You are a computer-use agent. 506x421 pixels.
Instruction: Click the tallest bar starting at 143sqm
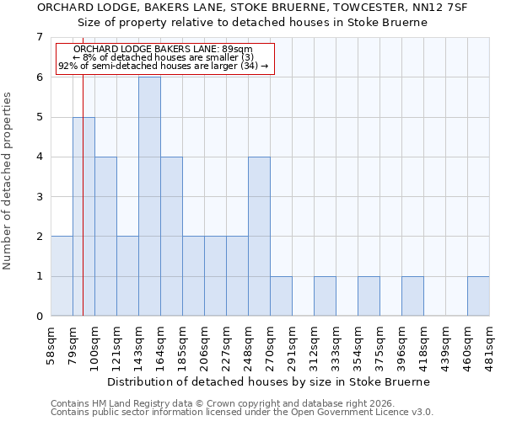pyautogui.click(x=149, y=196)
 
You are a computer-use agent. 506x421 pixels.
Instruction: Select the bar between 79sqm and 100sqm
pyautogui.click(x=83, y=216)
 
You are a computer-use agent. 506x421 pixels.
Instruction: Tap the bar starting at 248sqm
pyautogui.click(x=259, y=236)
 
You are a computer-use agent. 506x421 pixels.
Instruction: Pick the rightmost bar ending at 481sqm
pyautogui.click(x=478, y=296)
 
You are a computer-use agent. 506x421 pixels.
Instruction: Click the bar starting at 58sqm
pyautogui.click(x=62, y=276)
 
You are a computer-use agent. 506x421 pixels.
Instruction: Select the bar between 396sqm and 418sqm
pyautogui.click(x=412, y=296)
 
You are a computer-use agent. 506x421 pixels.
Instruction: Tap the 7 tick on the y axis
pyautogui.click(x=39, y=37)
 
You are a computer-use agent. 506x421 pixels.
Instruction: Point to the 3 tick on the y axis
pyautogui.click(x=39, y=197)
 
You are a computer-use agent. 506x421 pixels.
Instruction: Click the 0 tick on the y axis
pyautogui.click(x=39, y=317)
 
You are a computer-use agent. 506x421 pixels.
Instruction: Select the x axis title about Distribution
pyautogui.click(x=270, y=381)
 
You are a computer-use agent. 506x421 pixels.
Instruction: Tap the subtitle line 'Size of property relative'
pyautogui.click(x=253, y=22)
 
